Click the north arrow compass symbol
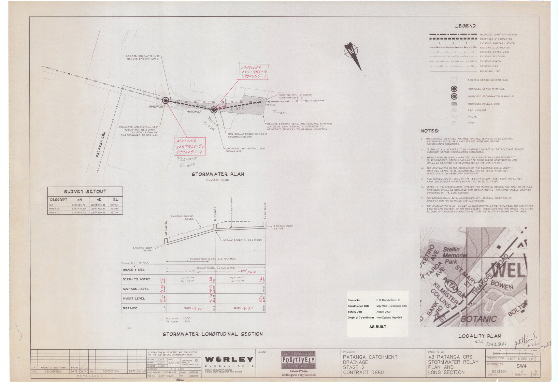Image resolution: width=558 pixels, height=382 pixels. tap(352, 52)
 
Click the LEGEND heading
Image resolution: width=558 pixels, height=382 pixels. tap(465, 26)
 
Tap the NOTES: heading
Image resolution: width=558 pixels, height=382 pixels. tap(430, 131)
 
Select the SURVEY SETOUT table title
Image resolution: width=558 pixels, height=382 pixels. tap(85, 192)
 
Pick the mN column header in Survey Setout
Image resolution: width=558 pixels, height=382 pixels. tap(79, 200)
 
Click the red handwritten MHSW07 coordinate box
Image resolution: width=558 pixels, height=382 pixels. tap(254, 72)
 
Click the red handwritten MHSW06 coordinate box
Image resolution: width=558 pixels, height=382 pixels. tap(190, 147)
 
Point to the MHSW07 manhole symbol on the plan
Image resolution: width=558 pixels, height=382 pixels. tap(214, 109)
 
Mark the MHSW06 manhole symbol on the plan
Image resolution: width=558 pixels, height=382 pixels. tap(166, 100)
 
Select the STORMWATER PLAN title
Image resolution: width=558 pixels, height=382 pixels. tap(218, 174)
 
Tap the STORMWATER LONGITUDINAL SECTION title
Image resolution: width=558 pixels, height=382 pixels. tap(213, 334)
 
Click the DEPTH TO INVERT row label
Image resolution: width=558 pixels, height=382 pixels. tap(136, 279)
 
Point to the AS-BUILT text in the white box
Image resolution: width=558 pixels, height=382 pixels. tap(377, 327)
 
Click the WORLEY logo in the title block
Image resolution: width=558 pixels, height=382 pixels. tap(229, 359)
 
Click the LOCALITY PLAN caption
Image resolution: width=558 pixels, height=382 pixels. tap(479, 336)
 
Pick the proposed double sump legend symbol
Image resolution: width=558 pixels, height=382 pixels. tap(454, 104)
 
